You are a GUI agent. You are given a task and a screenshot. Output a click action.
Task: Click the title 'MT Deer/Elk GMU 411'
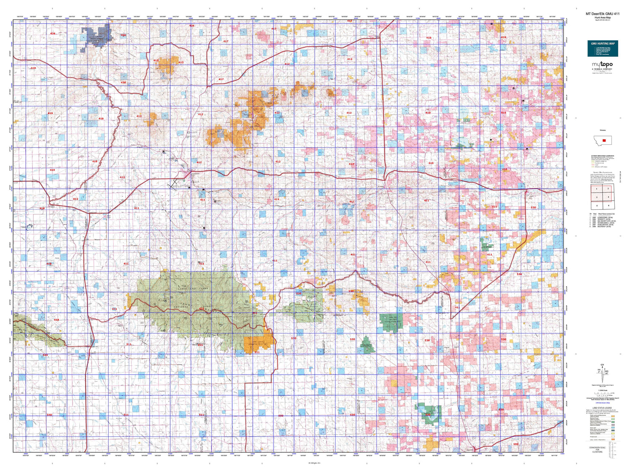pyautogui.click(x=602, y=14)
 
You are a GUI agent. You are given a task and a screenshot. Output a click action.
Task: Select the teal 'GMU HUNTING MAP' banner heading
pyautogui.click(x=603, y=44)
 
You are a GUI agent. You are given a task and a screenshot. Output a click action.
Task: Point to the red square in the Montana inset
pyautogui.click(x=604, y=140)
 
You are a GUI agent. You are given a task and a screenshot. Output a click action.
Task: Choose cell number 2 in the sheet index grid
pyautogui.click(x=608, y=189)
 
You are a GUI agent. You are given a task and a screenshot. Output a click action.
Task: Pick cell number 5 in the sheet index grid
pyautogui.click(x=596, y=206)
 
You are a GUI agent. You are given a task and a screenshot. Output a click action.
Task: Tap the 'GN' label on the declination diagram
pyautogui.click(x=603, y=364)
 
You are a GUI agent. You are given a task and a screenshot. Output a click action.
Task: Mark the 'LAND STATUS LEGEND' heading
pyautogui.click(x=602, y=408)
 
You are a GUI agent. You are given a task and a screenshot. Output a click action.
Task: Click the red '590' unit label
pyautogui.click(x=516, y=444)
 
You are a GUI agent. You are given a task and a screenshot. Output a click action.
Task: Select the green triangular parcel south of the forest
pyautogui.click(x=367, y=344)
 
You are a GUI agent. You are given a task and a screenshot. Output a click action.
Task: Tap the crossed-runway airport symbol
pyautogui.click(x=172, y=184)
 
